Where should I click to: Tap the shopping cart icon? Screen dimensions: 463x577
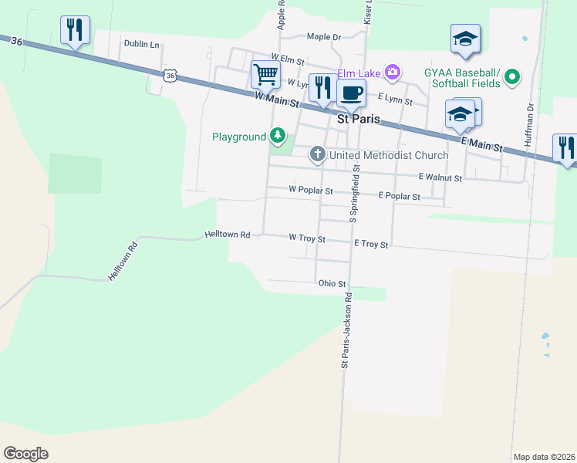click(x=265, y=75)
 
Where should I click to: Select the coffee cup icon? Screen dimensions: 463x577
click(x=351, y=93)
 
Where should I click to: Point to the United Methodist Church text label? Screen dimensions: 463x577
click(x=389, y=155)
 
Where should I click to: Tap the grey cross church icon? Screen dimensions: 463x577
click(x=317, y=155)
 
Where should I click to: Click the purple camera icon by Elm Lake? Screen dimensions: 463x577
click(x=393, y=73)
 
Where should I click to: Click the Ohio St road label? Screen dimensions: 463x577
click(x=332, y=284)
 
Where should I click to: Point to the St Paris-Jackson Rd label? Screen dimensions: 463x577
click(x=346, y=330)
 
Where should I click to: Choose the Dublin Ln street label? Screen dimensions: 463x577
click(x=141, y=45)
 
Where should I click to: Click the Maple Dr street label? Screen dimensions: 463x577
click(x=323, y=36)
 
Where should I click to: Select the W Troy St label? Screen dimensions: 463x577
click(x=307, y=239)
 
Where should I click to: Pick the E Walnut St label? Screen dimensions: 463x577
click(x=440, y=177)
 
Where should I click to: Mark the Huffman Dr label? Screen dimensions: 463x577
click(x=529, y=127)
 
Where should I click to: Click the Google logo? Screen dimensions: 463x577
click(x=25, y=454)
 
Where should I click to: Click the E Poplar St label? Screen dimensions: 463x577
click(x=399, y=197)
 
